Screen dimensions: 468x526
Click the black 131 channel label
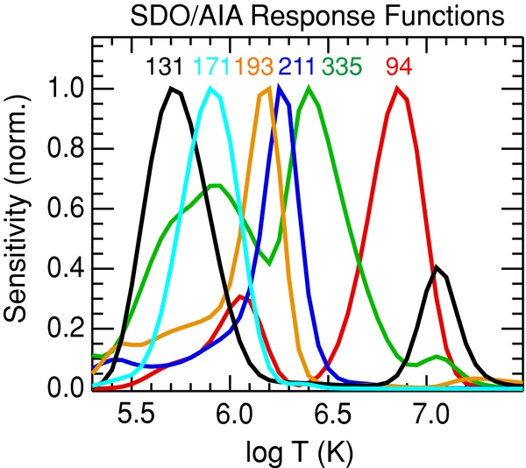tap(165, 67)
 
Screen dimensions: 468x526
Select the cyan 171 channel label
tap(213, 67)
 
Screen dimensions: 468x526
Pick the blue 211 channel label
tap(297, 67)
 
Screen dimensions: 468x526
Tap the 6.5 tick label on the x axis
tap(331, 411)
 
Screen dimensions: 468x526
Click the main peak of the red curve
tap(397, 89)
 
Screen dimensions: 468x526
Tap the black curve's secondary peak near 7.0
tap(437, 267)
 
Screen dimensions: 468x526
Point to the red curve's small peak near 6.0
tap(241, 297)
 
